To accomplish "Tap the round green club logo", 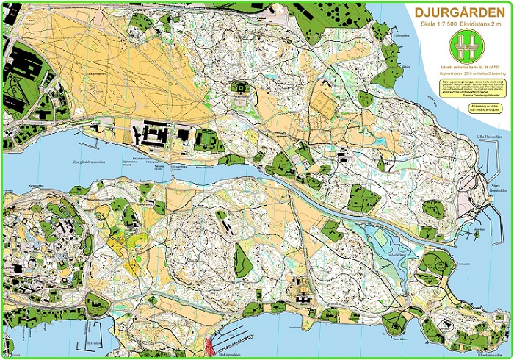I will (x=462, y=49).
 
